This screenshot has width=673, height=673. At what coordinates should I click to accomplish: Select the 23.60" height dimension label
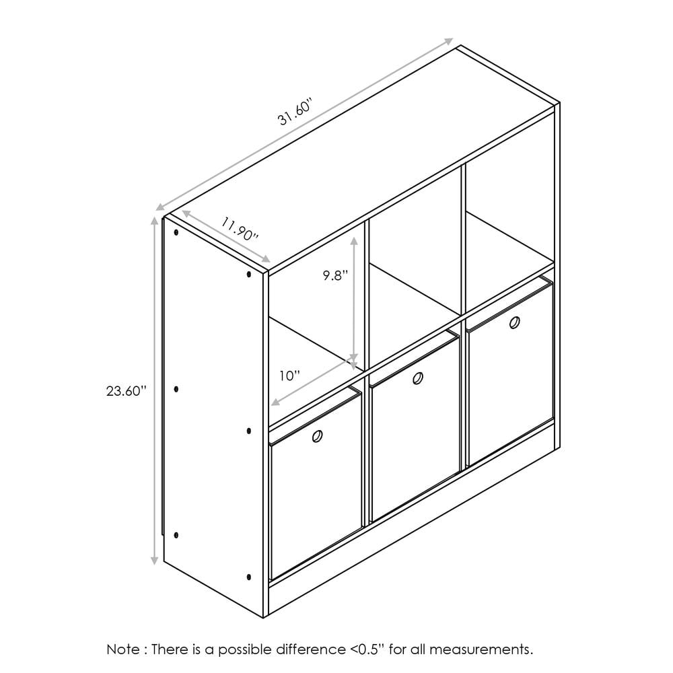point(126,391)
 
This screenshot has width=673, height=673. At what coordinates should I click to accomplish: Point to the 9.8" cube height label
point(334,275)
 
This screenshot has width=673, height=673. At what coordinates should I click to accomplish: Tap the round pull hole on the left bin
point(317,436)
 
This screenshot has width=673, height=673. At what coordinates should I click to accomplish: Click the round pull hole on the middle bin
point(417,379)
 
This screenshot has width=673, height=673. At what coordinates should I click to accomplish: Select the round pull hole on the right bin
point(515,322)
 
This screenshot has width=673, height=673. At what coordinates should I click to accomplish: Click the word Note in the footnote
point(122,649)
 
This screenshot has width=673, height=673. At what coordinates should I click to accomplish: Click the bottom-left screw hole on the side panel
point(176,535)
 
